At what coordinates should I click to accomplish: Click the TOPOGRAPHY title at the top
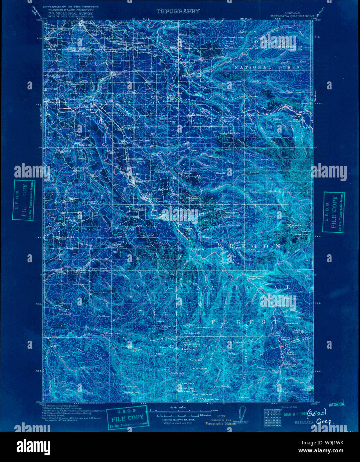(178, 11)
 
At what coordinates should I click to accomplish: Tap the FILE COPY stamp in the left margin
(24, 201)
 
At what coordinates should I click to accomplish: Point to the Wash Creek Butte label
(192, 395)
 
